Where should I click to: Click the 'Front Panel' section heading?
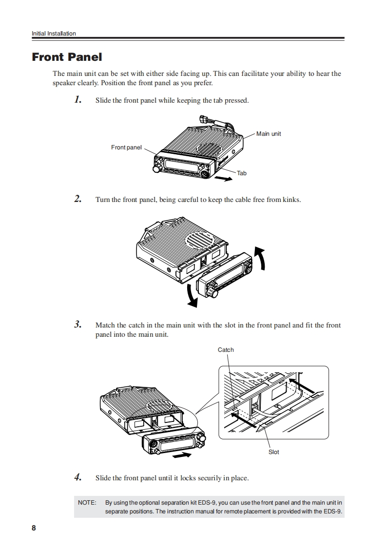point(67,57)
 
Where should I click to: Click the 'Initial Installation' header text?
point(54,34)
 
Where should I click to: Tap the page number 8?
point(34,528)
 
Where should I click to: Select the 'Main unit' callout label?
point(269,134)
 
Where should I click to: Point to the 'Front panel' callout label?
point(126,147)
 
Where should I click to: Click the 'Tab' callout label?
point(242,173)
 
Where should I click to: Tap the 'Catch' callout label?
point(226,350)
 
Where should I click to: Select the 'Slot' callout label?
point(274,452)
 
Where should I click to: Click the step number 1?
point(77,100)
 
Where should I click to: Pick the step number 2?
point(77,199)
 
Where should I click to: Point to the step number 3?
point(77,325)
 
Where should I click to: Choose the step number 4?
point(77,477)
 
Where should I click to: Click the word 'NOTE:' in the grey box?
point(87,502)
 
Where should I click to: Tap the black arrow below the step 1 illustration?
point(223,179)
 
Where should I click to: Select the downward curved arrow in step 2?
point(193,295)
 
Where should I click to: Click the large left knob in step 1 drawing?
point(158,168)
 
